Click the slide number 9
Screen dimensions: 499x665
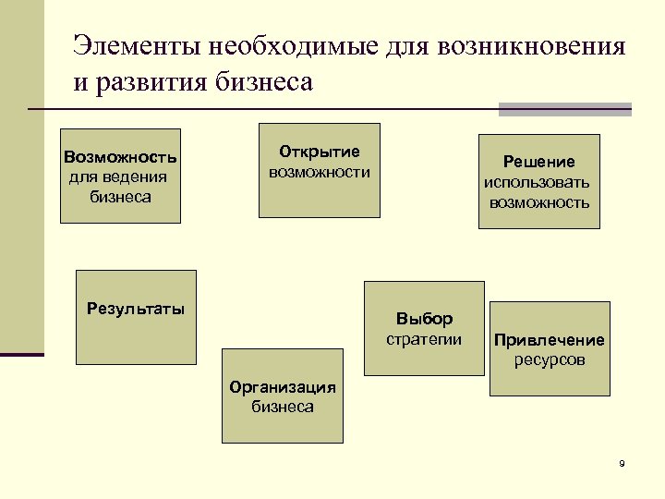point(622,463)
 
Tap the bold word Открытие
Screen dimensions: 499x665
point(320,152)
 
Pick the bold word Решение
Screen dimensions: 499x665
point(539,162)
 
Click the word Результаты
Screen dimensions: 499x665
point(136,308)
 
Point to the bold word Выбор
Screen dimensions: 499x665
point(424,319)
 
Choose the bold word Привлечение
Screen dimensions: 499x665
point(549,339)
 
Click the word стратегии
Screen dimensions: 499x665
point(424,339)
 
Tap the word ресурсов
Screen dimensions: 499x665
point(549,359)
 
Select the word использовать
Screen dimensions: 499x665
point(539,182)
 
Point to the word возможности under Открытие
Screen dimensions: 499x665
point(320,172)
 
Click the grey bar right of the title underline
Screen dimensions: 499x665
point(564,109)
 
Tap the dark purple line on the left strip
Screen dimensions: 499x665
point(22,354)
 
